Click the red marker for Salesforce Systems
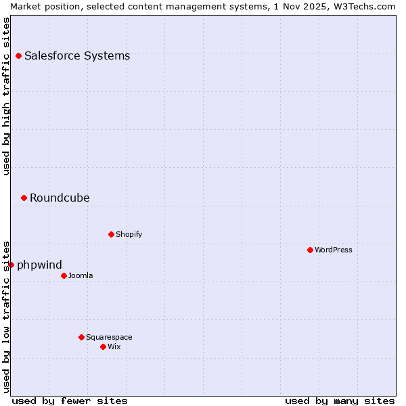[x=18, y=55]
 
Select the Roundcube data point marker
[x=24, y=198]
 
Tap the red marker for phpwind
[x=11, y=265]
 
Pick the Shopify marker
[x=111, y=234]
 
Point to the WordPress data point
[x=310, y=250]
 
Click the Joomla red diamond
[x=64, y=275]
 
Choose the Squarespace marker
[x=81, y=337]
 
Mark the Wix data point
[x=103, y=346]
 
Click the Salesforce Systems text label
[x=77, y=55]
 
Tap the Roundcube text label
[x=60, y=198]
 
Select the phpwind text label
[x=39, y=265]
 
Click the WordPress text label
[x=334, y=250]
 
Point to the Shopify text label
[x=129, y=234]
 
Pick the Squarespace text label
[x=109, y=337]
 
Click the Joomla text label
[x=81, y=275]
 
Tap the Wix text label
[x=114, y=346]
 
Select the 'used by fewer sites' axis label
[x=70, y=401]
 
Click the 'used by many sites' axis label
[x=340, y=401]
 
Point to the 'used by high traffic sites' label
[x=6, y=96]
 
